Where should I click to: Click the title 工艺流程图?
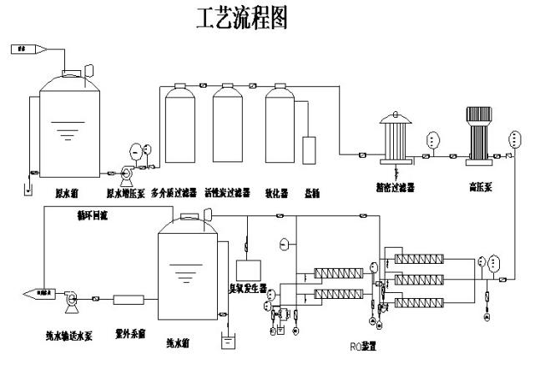click(241, 20)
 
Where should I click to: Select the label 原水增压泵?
click(126, 191)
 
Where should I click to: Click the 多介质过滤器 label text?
click(177, 191)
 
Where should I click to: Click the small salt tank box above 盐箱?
click(310, 149)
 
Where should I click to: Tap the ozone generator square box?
click(249, 270)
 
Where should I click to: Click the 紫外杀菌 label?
click(129, 331)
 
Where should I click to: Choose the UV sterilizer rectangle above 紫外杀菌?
click(130, 298)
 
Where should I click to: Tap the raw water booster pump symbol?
click(126, 173)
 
